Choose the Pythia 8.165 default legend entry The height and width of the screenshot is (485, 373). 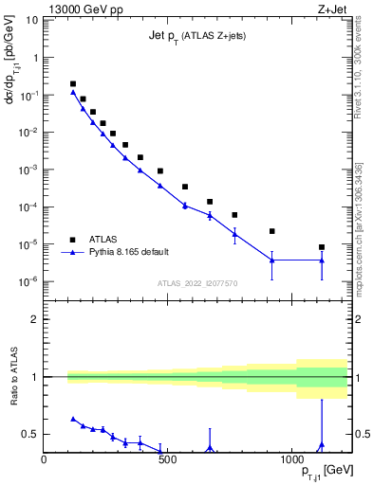[122, 252]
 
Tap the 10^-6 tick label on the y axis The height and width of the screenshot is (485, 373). [28, 281]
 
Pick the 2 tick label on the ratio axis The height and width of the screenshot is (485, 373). [34, 319]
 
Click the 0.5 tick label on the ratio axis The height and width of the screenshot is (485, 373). [30, 434]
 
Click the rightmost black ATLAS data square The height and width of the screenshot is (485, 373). [322, 247]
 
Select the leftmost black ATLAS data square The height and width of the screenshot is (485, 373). [73, 83]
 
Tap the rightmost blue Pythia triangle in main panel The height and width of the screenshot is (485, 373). [322, 260]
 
